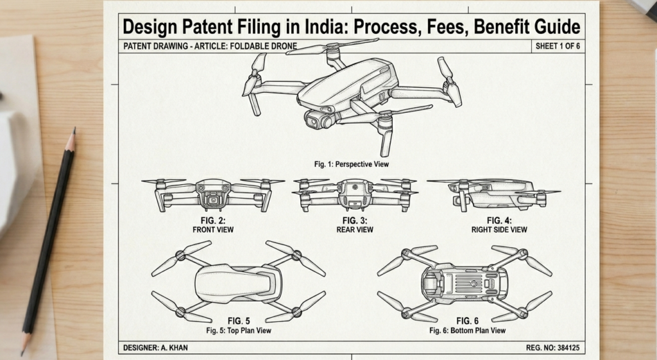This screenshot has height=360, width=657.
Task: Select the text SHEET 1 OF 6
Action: [557, 46]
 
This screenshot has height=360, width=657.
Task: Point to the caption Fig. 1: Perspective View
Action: [352, 165]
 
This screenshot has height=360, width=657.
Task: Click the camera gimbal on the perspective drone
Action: [319, 119]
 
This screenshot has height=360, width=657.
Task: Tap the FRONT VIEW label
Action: [213, 229]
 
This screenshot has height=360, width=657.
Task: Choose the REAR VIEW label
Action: [355, 229]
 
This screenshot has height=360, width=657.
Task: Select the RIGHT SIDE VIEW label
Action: [499, 229]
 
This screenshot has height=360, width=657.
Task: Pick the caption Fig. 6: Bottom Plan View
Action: [467, 330]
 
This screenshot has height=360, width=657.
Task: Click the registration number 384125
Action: [567, 348]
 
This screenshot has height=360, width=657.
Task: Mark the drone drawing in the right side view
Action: [494, 194]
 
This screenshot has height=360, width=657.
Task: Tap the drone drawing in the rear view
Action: [355, 194]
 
